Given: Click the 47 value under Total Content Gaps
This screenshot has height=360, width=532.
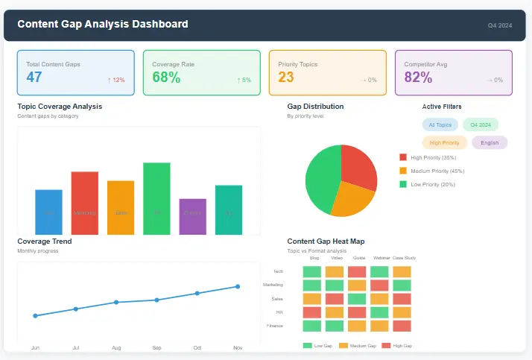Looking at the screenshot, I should click(x=34, y=77).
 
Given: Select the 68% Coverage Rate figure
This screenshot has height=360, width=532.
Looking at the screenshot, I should click(x=166, y=77).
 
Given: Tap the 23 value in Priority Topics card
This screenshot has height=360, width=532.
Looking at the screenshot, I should click(x=286, y=77).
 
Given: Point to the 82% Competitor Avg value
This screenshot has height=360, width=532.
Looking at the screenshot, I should click(x=418, y=77).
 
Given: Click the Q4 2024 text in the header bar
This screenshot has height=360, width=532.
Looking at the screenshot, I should click(x=500, y=25).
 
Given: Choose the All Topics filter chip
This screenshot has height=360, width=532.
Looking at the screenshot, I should click(x=440, y=125).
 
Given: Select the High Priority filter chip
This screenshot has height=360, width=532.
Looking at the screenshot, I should click(x=445, y=142).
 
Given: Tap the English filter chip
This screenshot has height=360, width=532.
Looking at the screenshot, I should click(x=490, y=142).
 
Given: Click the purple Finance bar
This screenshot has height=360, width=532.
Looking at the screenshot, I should click(x=192, y=217).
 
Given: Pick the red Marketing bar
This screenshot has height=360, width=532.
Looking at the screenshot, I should click(x=84, y=203).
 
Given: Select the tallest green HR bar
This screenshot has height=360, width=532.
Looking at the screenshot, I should click(x=156, y=198).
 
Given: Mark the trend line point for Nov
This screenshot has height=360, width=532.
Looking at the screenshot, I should click(x=238, y=286).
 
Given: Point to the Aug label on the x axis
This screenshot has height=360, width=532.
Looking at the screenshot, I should click(x=116, y=347).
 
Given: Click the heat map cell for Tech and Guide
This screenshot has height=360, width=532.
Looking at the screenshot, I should click(x=357, y=272).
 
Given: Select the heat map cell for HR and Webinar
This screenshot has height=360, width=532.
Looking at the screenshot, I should click(x=379, y=312).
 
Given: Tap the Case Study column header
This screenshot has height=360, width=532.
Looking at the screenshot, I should click(x=404, y=258).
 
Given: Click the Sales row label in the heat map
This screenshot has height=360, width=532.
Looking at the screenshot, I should click(x=277, y=299).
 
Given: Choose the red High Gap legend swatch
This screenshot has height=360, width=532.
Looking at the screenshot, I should click(x=386, y=346).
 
